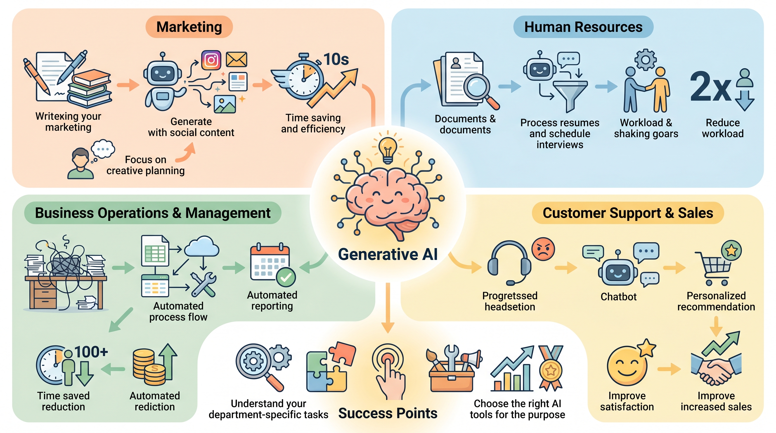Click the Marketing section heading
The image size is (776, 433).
point(189,27)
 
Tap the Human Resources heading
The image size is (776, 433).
point(583,27)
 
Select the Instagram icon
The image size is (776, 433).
point(211,60)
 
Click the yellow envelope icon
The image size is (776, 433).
point(237,59)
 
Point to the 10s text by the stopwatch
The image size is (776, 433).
point(336,59)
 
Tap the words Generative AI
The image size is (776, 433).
point(388,254)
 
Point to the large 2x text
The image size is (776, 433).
point(710,87)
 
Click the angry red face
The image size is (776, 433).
point(543,249)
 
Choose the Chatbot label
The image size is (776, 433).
point(618,297)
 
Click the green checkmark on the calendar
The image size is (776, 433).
point(286,277)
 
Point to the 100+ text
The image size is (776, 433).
point(91,352)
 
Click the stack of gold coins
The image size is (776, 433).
point(149,367)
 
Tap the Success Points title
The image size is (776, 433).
point(388,413)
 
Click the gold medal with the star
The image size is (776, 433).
point(551,370)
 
